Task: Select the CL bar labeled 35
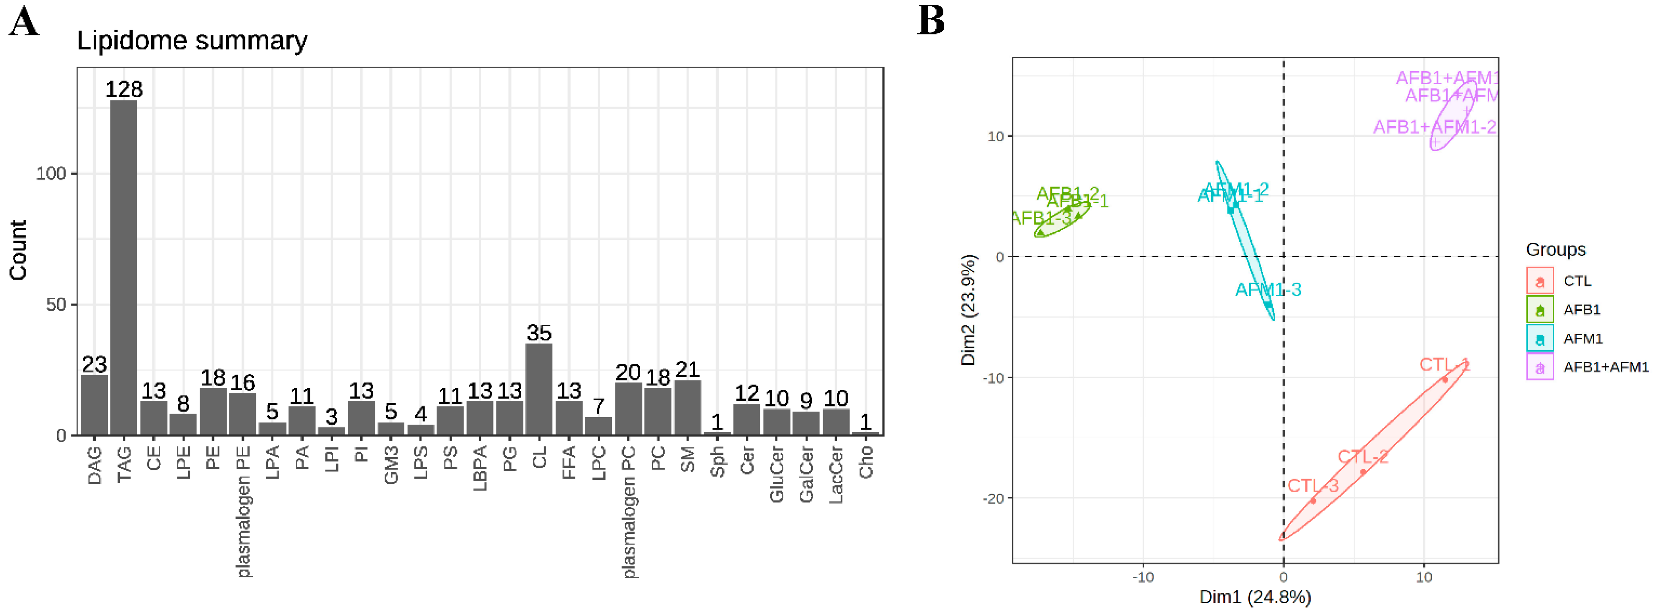(x=539, y=389)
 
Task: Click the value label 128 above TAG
(x=124, y=89)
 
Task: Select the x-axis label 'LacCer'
(x=835, y=475)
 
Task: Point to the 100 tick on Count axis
(x=51, y=173)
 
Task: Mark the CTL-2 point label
(x=1362, y=456)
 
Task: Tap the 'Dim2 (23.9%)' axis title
(x=968, y=310)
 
